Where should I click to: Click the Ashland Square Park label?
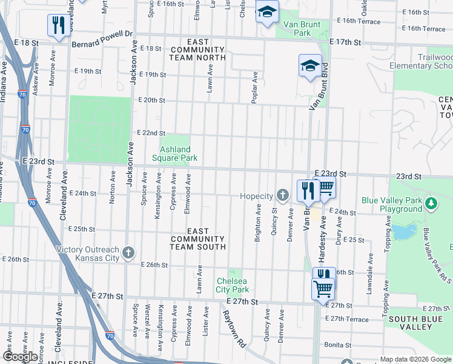[175, 153]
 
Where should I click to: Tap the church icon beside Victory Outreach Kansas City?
[128, 254]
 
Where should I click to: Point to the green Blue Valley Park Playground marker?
[431, 202]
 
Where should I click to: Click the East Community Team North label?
[198, 50]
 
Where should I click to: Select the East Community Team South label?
[198, 239]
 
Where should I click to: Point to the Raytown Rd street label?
[233, 328]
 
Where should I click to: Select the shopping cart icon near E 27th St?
[322, 288]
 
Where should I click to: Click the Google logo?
[20, 357]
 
